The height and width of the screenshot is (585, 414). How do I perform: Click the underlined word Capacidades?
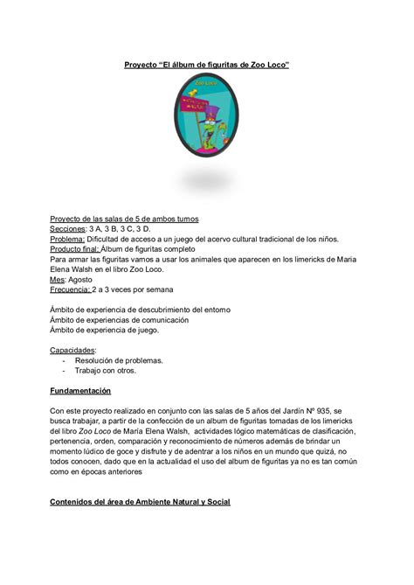pos(72,347)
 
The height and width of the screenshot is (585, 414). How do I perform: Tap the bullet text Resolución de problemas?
pos(119,359)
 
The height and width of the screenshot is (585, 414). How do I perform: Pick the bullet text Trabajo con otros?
pos(107,370)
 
